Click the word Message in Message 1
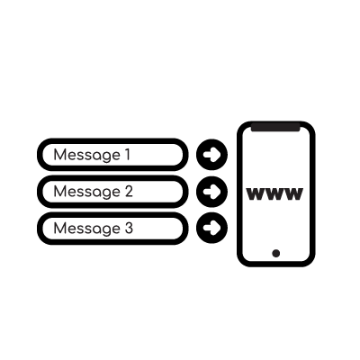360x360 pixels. coord(87,155)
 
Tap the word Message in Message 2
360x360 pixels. coord(87,192)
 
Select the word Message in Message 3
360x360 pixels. coord(87,229)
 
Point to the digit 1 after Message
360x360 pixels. coord(128,155)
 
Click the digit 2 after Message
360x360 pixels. coord(129,191)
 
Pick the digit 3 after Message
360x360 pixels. coord(129,228)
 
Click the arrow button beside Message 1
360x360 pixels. coord(211,155)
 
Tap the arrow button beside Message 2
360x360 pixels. coord(211,192)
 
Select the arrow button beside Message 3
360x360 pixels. coord(211,228)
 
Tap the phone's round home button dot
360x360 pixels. coord(276,253)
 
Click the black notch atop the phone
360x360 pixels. coord(275,127)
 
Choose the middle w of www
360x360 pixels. coord(274,194)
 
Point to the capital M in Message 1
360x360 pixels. coord(59,155)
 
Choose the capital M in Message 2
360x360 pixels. coord(59,191)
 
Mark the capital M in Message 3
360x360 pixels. coord(59,228)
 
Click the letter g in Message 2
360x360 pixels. coord(105,193)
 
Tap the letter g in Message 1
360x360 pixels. coord(105,157)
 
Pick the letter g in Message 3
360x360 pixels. coord(105,230)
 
